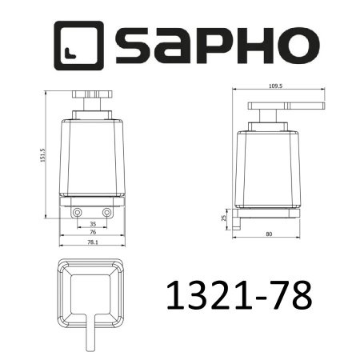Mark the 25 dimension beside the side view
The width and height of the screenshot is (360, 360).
[x=224, y=216]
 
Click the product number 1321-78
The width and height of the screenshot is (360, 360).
[x=236, y=296]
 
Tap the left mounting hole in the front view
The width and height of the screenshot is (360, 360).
[x=78, y=213]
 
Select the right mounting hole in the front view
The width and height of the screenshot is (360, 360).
[x=106, y=213]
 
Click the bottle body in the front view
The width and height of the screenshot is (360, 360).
[x=92, y=156]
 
